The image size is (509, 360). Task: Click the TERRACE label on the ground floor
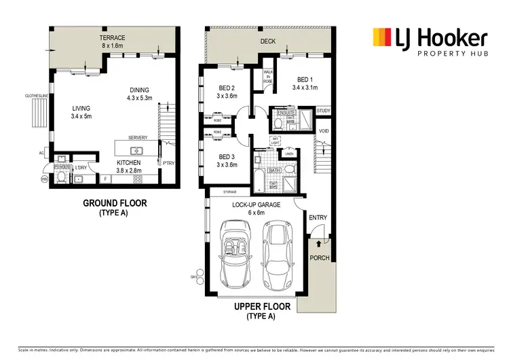[x=112, y=37]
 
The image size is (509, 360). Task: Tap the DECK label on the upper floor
[x=268, y=41]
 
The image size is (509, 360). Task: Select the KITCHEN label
[x=128, y=163]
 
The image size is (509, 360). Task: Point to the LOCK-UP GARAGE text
[x=254, y=204]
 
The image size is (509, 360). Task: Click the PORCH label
[x=319, y=258]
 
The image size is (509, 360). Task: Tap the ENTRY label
[x=318, y=217]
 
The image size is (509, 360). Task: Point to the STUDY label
[x=322, y=111]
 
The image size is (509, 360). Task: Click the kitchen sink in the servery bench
[x=136, y=151]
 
